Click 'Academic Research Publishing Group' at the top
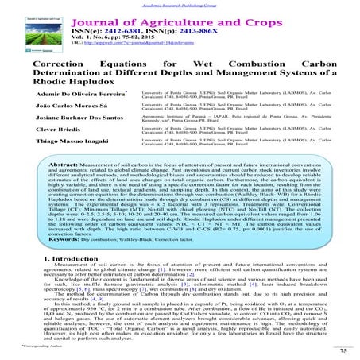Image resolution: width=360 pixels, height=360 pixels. tap(180, 3)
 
